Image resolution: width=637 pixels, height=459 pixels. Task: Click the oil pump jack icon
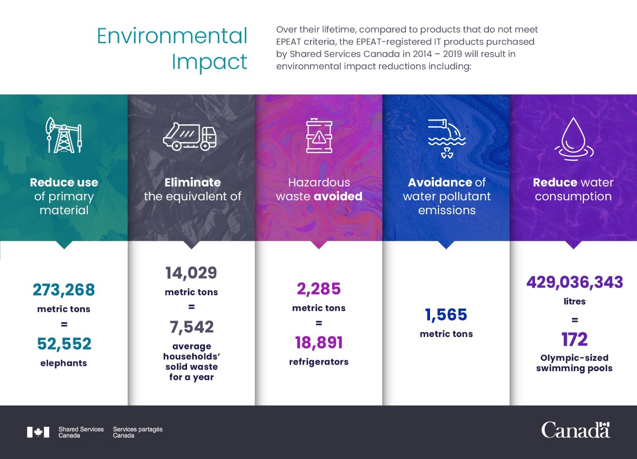pyautogui.click(x=64, y=135)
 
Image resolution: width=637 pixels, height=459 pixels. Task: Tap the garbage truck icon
pyautogui.click(x=190, y=137)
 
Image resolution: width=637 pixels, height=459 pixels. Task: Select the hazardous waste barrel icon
pyautogui.click(x=319, y=136)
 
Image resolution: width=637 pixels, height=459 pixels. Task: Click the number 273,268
pyautogui.click(x=64, y=290)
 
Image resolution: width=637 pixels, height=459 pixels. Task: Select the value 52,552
pyautogui.click(x=64, y=344)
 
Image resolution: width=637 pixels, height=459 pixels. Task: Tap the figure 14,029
pyautogui.click(x=191, y=273)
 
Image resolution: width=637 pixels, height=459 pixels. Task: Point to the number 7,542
pyautogui.click(x=192, y=327)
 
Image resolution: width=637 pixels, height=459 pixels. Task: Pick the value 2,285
pyautogui.click(x=319, y=289)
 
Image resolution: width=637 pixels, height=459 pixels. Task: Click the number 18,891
pyautogui.click(x=319, y=343)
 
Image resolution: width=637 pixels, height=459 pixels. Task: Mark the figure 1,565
pyautogui.click(x=446, y=315)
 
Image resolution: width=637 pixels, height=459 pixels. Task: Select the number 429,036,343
pyautogui.click(x=574, y=282)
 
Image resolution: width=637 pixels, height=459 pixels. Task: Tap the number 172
pyautogui.click(x=574, y=339)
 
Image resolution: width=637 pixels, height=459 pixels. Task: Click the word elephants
pyautogui.click(x=64, y=363)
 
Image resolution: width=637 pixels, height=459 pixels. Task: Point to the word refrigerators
pyautogui.click(x=319, y=362)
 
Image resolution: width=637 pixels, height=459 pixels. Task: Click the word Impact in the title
pyautogui.click(x=209, y=62)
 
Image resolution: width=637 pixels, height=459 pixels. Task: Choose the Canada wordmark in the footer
pyautogui.click(x=575, y=430)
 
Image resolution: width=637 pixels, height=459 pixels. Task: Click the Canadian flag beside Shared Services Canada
pyautogui.click(x=38, y=432)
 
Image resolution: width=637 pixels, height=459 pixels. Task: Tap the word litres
pyautogui.click(x=574, y=301)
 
